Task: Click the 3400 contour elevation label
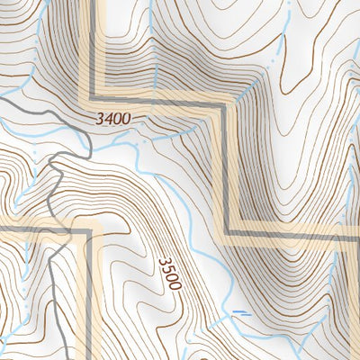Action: point(111,118)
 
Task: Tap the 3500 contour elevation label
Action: point(169,273)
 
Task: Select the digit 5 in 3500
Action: point(166,268)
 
